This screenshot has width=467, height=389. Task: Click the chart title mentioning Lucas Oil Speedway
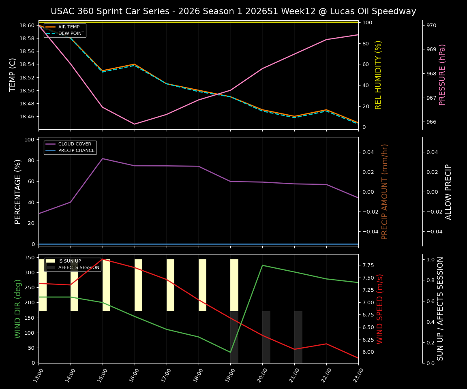point(233,11)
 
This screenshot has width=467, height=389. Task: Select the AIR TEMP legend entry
point(69,27)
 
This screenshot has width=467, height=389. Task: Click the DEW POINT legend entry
point(71,33)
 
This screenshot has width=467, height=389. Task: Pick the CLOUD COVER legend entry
point(75,144)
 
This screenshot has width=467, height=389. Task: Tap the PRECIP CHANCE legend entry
point(76,150)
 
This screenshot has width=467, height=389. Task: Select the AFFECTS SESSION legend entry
point(79,267)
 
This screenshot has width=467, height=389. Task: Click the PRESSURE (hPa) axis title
point(442,75)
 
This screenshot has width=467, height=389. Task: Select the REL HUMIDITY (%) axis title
point(378,75)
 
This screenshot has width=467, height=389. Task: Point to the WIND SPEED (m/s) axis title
point(380,308)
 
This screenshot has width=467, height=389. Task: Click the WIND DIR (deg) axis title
point(18,308)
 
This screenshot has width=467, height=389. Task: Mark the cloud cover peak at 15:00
point(103,158)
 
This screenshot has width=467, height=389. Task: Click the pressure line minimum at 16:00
point(135,124)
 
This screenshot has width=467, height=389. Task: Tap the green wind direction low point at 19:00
point(230,352)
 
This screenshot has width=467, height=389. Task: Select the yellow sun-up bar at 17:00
point(170,285)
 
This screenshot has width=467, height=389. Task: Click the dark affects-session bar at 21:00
point(298,337)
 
